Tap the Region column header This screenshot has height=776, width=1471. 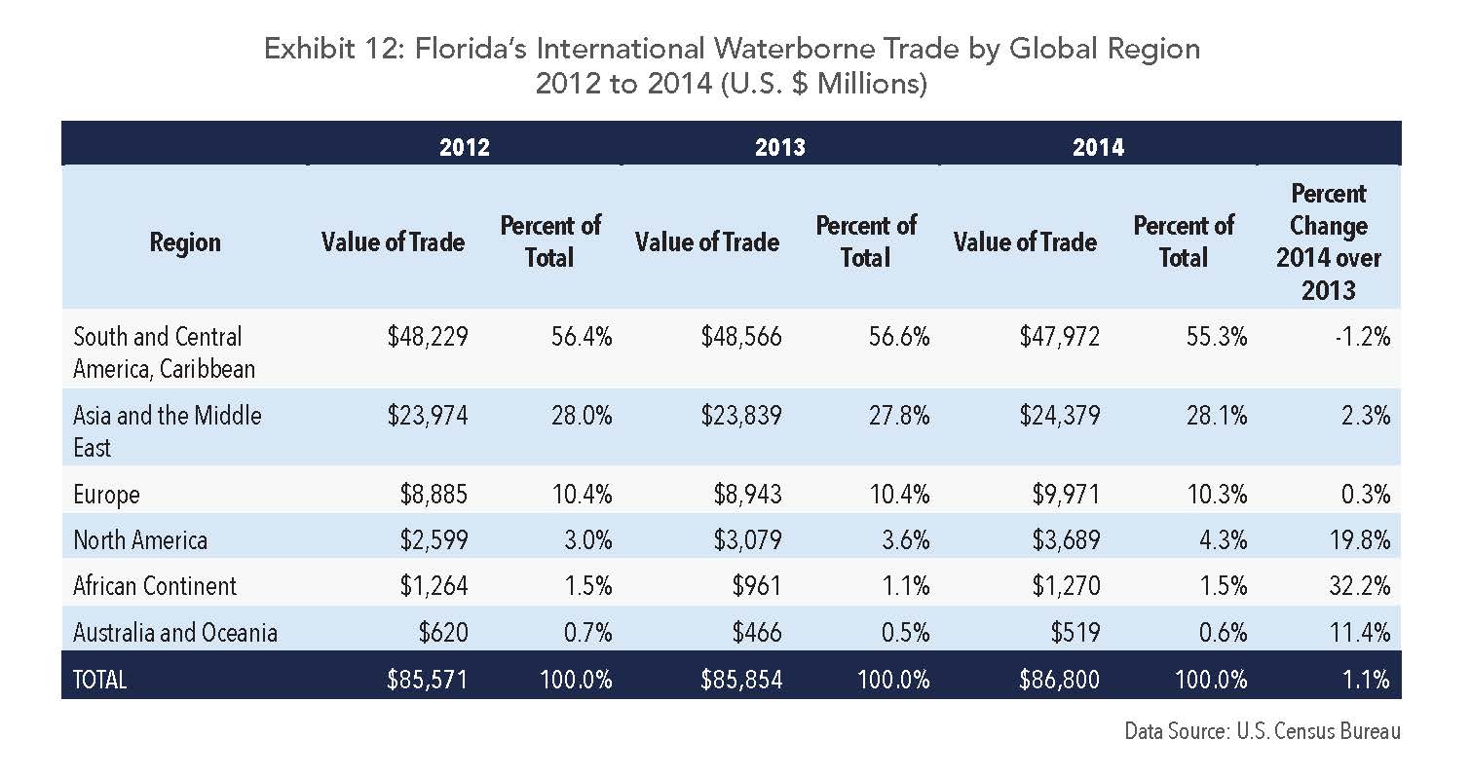(185, 242)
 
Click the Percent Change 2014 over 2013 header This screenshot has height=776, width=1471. (1328, 241)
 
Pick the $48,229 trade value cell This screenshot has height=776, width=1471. (427, 337)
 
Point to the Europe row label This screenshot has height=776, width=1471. (106, 495)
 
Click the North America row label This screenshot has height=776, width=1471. (140, 540)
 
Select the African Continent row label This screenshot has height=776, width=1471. (155, 586)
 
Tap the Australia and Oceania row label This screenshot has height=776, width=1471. (175, 633)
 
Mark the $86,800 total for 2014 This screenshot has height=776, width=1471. (1059, 679)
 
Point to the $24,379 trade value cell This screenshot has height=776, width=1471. (1059, 416)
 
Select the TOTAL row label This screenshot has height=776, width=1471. (100, 680)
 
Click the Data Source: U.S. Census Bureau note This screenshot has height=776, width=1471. (1263, 731)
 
